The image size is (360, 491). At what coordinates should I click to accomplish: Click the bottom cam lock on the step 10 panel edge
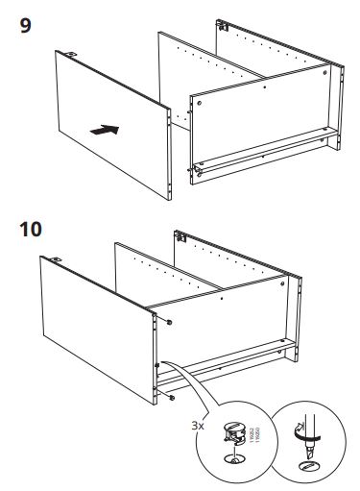[x=170, y=396]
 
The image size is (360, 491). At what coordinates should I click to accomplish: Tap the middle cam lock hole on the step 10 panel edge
[x=157, y=365]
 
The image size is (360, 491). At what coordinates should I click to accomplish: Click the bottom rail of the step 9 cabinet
[x=264, y=154]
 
